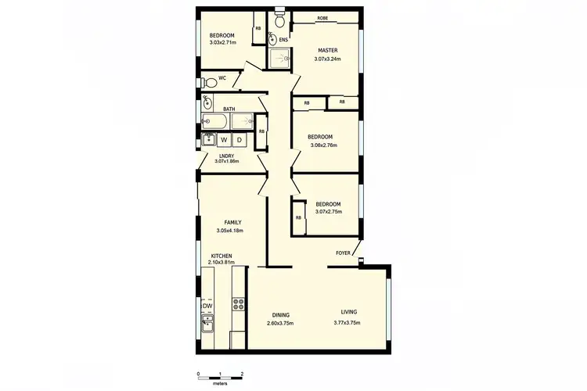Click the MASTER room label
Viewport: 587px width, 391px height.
point(327,50)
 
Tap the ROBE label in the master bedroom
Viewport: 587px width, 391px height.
point(322,18)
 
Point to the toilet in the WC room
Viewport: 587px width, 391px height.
point(208,81)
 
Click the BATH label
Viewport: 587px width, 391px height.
point(229,109)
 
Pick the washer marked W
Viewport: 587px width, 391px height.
point(224,140)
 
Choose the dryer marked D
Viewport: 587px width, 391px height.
point(239,140)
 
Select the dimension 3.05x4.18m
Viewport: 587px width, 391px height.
point(229,231)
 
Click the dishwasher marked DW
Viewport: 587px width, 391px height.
point(207,306)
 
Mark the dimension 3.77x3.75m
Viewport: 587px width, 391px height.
point(347,323)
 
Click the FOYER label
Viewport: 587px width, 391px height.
point(343,253)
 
